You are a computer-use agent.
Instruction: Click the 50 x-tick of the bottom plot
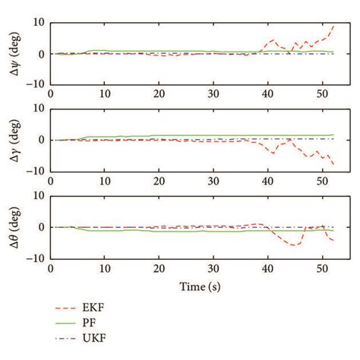click(x=321, y=267)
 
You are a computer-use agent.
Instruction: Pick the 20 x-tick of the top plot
click(x=158, y=93)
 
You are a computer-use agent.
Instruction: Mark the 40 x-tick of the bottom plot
click(x=267, y=267)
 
